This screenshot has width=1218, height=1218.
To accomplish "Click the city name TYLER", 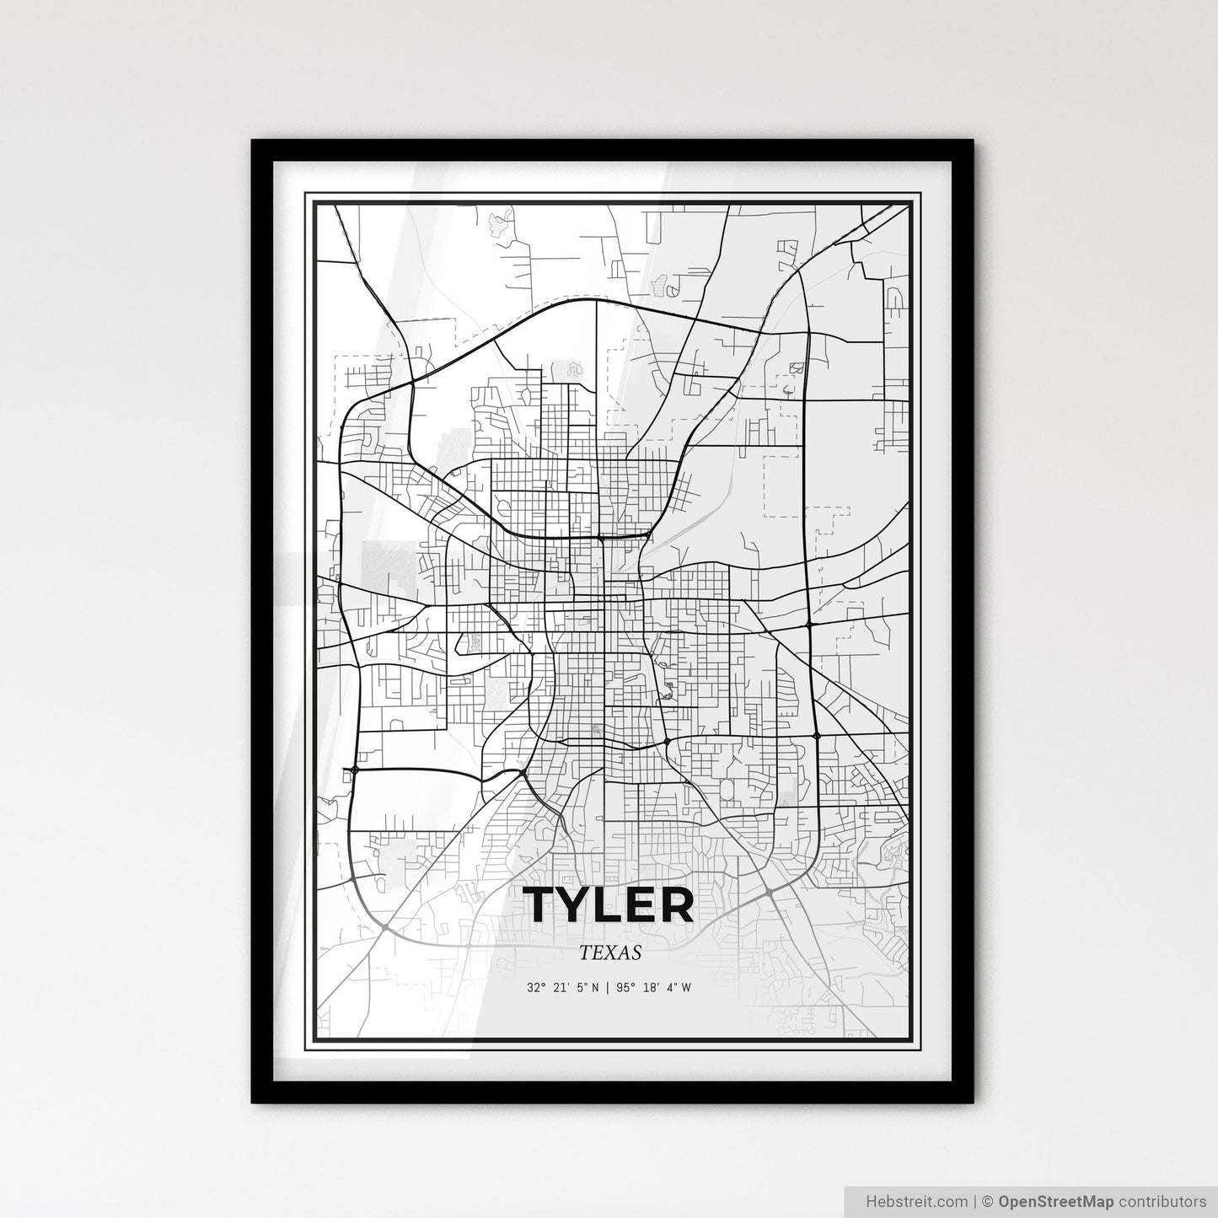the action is point(609,905).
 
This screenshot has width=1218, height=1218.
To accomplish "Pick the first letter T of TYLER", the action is point(542,905).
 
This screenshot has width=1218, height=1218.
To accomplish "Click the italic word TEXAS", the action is point(610,953).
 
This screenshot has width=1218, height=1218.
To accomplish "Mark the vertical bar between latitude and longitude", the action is point(608,987).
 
